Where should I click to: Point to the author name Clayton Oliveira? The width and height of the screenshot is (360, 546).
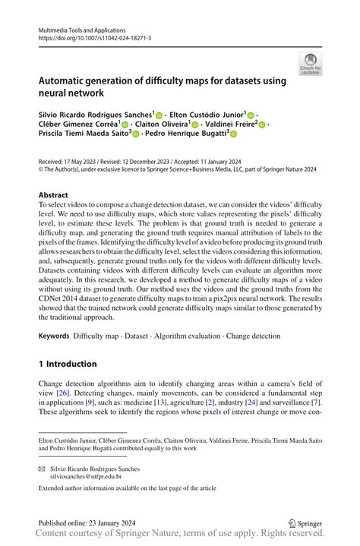pyautogui.click(x=160, y=123)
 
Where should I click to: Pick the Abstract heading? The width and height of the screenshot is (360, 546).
pyautogui.click(x=52, y=194)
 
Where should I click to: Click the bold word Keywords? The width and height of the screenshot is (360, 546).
pyautogui.click(x=55, y=335)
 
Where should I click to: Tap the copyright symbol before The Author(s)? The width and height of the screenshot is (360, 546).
pyautogui.click(x=41, y=170)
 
